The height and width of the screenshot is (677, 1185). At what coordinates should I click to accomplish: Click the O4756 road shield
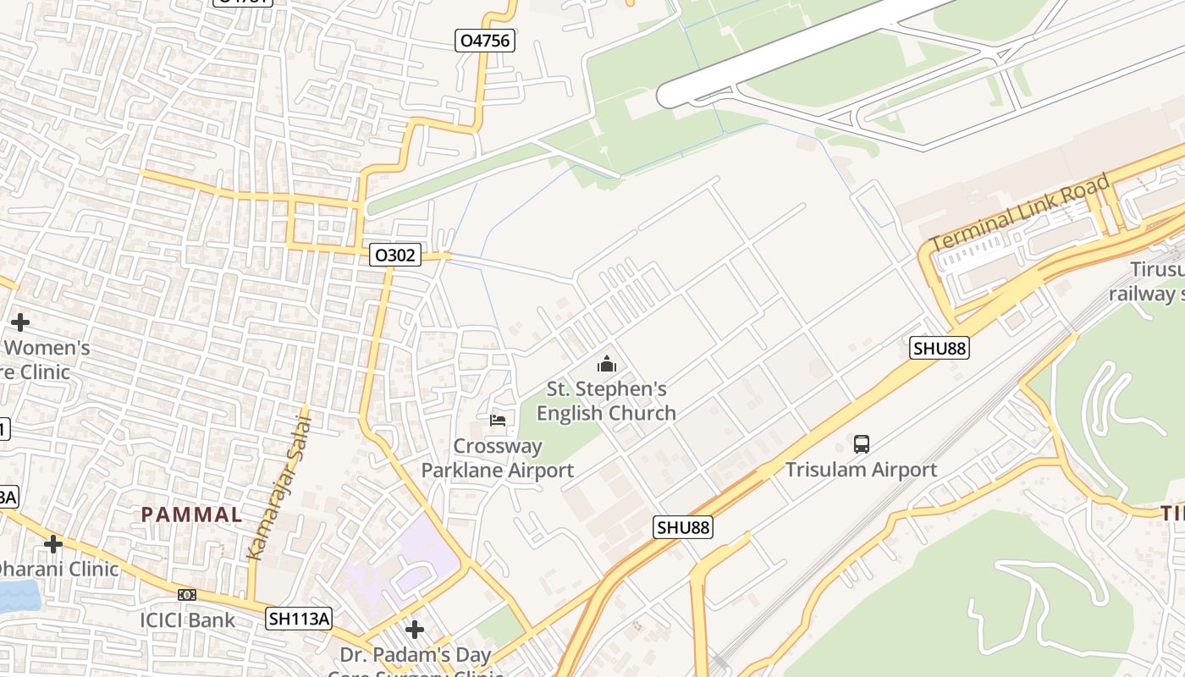(485, 41)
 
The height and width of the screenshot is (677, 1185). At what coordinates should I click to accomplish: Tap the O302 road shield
(395, 255)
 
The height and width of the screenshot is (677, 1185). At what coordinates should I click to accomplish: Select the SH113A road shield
(299, 619)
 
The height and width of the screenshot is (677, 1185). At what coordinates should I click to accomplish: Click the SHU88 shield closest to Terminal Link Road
(940, 348)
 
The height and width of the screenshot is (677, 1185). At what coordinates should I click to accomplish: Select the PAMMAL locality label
(191, 514)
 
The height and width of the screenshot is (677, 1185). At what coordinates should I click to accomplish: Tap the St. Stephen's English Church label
(606, 401)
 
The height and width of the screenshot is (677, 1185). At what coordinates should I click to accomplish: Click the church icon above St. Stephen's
(606, 365)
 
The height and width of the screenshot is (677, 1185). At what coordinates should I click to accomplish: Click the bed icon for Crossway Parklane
(498, 420)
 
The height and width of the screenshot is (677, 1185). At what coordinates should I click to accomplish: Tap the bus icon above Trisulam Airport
(861, 443)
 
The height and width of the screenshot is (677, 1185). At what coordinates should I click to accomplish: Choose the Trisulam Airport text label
(861, 470)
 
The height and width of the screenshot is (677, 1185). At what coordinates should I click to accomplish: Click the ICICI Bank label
(188, 620)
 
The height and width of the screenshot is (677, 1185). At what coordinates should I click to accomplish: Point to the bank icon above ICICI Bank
(187, 595)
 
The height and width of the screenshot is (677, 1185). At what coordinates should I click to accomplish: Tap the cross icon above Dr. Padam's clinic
(414, 630)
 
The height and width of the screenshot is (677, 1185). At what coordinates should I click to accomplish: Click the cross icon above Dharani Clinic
(52, 543)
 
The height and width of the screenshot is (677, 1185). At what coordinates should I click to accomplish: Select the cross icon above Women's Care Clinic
(20, 322)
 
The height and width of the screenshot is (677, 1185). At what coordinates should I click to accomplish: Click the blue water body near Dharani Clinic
(17, 596)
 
